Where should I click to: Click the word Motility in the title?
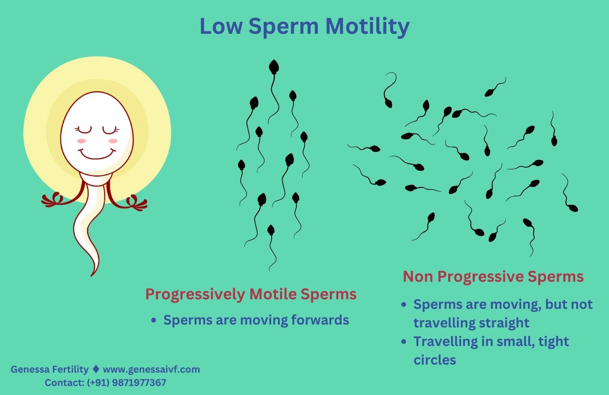click(367, 27)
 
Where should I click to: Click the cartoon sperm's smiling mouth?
click(97, 153)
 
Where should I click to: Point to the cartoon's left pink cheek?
click(81, 141)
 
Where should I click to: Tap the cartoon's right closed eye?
click(111, 129)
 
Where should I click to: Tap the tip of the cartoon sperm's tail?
click(92, 273)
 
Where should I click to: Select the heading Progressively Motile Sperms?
click(251, 294)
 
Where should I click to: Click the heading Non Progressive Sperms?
click(493, 276)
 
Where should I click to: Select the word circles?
click(434, 360)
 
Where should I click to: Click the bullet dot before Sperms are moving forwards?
click(154, 321)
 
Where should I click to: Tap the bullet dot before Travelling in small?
click(404, 342)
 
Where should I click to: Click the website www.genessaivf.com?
click(151, 369)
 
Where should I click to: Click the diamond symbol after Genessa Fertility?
click(96, 369)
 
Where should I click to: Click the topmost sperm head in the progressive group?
click(274, 67)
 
